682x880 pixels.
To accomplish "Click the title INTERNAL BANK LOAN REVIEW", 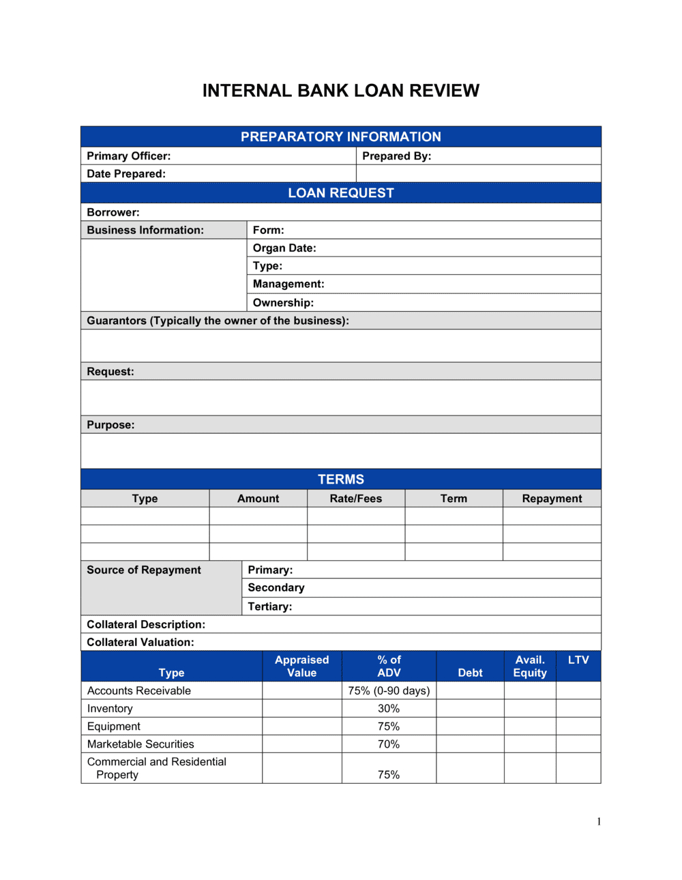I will pos(340,91).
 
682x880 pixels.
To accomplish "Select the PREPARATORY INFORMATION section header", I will pos(340,137).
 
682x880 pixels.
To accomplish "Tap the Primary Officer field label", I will pos(128,156).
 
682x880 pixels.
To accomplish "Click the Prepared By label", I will pos(396,156).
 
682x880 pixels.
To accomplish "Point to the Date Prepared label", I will pos(126,174).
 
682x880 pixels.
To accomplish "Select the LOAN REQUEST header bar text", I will pos(340,193).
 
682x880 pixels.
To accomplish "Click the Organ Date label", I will pos(284,248).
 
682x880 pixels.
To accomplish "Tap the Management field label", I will pos(288,284).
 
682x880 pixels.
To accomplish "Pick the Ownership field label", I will pos(283,303).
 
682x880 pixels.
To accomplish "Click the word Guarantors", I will pos(117,321).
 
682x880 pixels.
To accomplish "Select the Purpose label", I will pos(110,425).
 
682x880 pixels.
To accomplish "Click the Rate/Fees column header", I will pos(355,499).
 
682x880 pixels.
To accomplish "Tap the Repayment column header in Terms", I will pos(552,499).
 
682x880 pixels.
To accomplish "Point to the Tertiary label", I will pos(269,606).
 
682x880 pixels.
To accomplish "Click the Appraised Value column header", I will pos(301,666).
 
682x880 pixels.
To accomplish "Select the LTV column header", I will pos(578,660).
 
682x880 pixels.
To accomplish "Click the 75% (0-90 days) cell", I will pos(389,691).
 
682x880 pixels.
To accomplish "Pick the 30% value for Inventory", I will pos(389,709).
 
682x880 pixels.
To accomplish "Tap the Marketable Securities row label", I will pos(140,744).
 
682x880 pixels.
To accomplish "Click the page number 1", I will pos(599,822).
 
